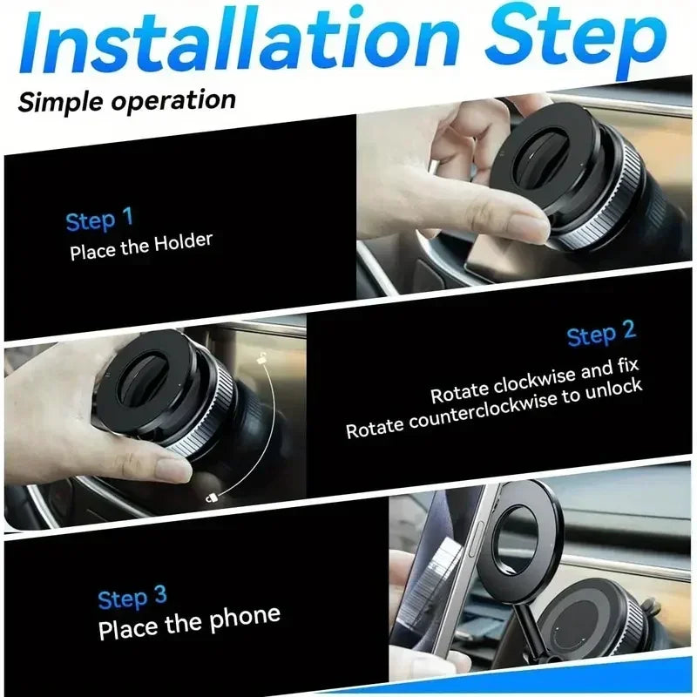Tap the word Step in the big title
click(575, 39)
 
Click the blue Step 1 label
click(99, 220)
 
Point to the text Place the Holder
click(141, 246)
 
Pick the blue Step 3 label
click(132, 599)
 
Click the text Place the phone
click(189, 623)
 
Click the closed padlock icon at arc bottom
click(212, 497)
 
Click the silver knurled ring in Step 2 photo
click(206, 409)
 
